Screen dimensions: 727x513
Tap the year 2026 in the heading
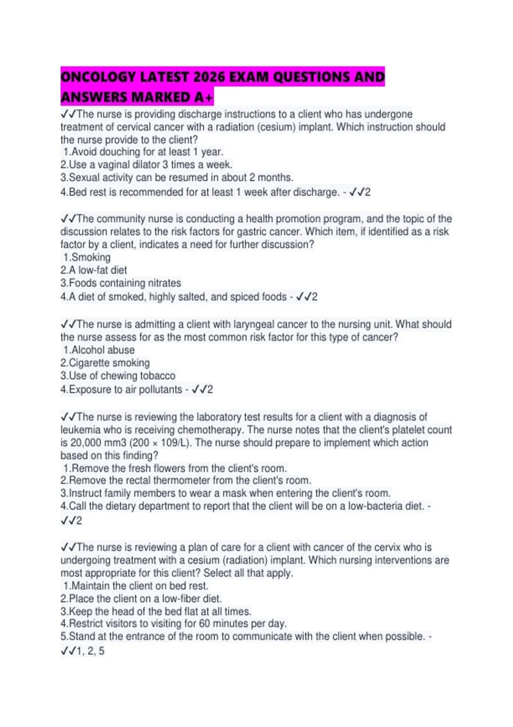coord(209,77)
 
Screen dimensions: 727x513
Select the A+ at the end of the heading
coord(203,98)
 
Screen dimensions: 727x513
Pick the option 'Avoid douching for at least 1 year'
coord(143,152)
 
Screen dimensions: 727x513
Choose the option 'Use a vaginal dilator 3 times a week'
coord(146,165)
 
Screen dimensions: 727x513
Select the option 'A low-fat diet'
coord(94,270)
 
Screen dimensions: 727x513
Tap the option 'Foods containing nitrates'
coord(121,283)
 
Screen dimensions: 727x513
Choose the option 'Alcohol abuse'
coord(99,350)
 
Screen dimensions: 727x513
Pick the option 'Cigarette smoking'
coord(105,363)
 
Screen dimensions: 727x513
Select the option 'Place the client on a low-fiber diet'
coord(141,599)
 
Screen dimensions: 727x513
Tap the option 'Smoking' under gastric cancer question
coord(87,257)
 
